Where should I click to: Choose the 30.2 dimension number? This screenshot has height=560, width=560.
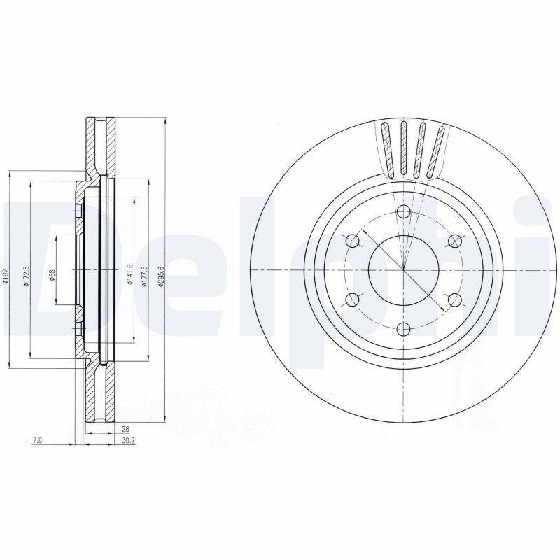(x=128, y=441)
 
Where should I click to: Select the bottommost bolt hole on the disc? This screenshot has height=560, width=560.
(x=404, y=328)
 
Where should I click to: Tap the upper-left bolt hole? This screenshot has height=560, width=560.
(x=353, y=241)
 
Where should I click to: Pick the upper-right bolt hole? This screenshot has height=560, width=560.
(x=455, y=241)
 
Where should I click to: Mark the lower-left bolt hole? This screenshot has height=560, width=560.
(x=353, y=300)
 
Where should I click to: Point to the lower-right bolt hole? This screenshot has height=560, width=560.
(x=455, y=300)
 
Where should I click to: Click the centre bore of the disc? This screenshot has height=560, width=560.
(x=404, y=270)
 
